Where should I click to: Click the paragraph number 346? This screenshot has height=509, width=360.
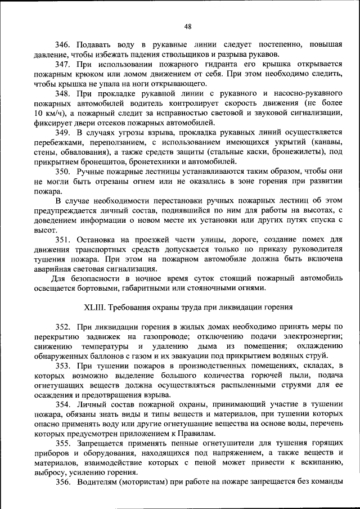click(x=62, y=44)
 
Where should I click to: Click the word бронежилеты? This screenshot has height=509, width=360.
click(x=281, y=153)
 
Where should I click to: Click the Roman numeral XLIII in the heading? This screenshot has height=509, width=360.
click(x=93, y=308)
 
